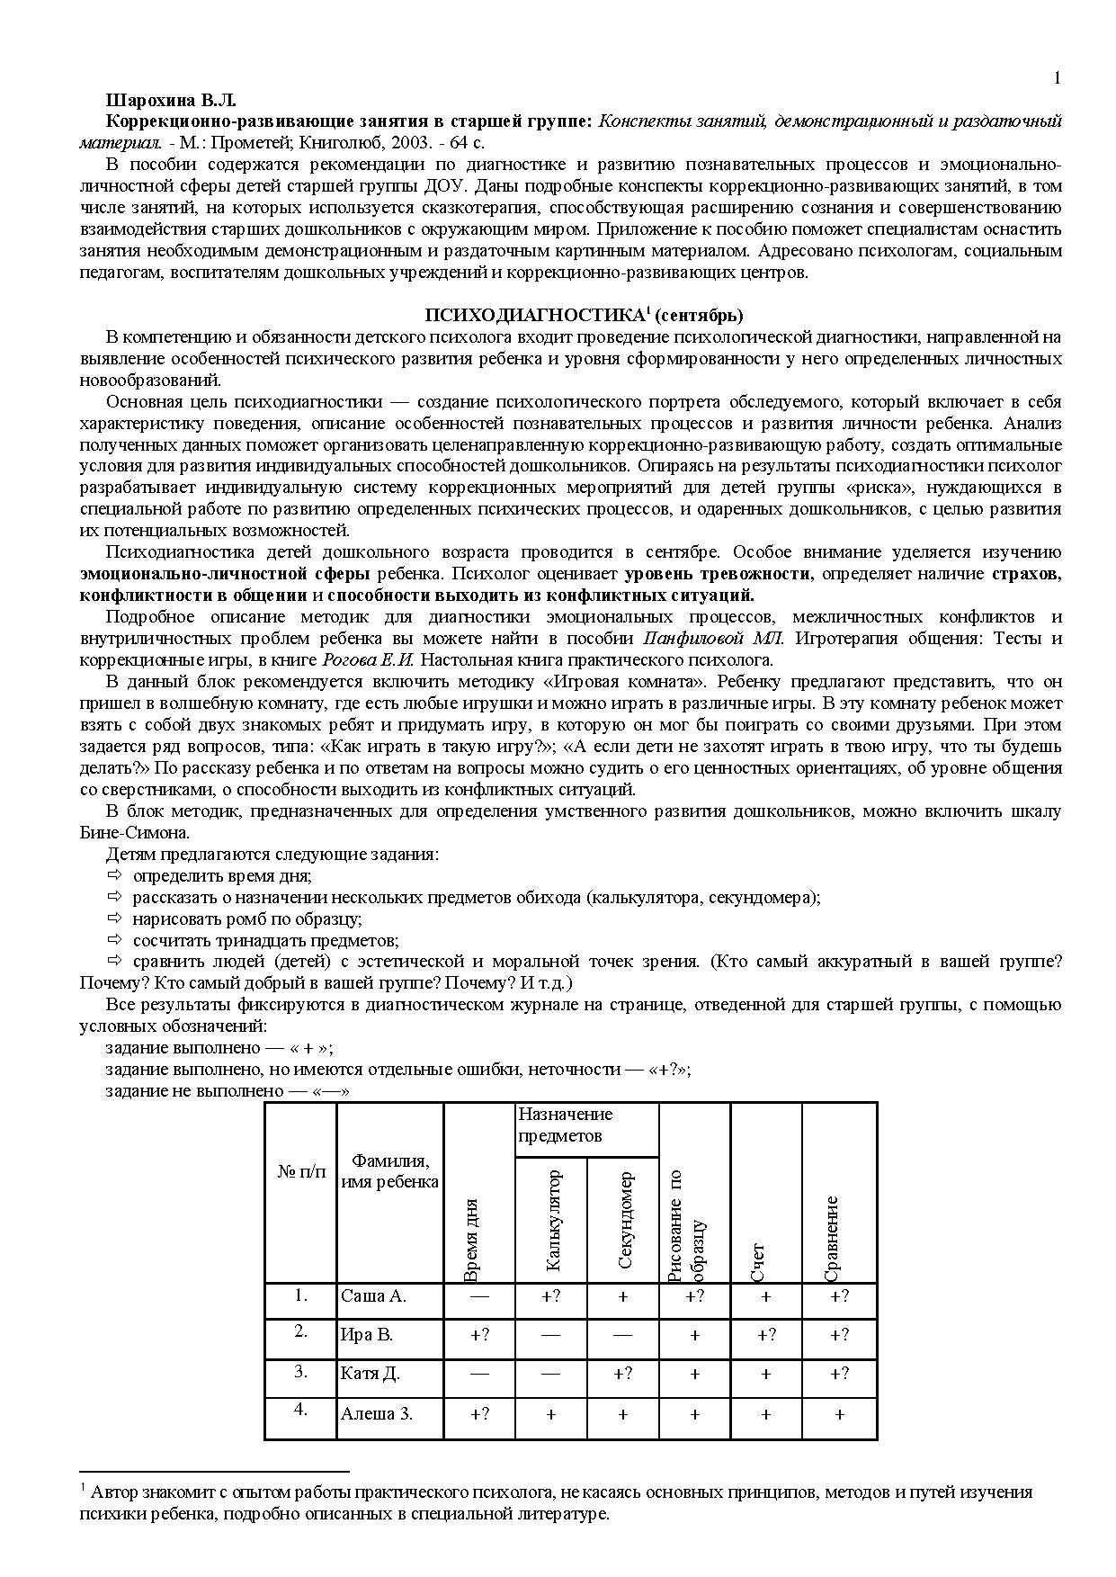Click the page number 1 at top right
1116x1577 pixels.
[x=1058, y=78]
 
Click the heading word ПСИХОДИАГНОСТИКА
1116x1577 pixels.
[x=533, y=316]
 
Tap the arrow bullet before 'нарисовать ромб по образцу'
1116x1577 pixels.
[x=113, y=918]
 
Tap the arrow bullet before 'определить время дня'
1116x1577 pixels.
[x=113, y=875]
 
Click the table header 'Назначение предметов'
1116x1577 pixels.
[x=565, y=1125]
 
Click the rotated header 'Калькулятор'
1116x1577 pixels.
[x=552, y=1220]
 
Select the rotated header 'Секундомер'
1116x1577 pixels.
[x=625, y=1220]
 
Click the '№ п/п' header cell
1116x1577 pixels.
[x=301, y=1171]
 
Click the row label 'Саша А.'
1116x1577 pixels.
[x=373, y=1296]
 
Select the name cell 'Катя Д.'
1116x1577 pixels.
[x=370, y=1374]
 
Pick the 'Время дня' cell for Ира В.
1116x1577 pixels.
[x=479, y=1335]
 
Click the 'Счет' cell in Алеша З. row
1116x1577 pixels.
[x=765, y=1414]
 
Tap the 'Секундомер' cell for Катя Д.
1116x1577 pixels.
[x=622, y=1374]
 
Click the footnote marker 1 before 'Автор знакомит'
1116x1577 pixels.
[x=83, y=1488]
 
